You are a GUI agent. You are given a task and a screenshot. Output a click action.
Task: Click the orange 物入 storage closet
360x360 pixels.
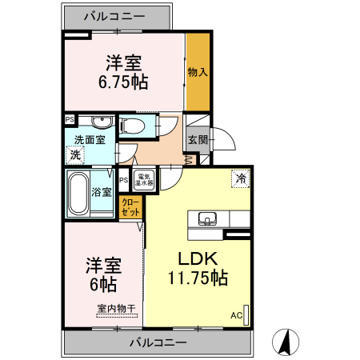(198, 73)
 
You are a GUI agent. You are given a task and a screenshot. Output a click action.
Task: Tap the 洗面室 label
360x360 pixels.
(89, 139)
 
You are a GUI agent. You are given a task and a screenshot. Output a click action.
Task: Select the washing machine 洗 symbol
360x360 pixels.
(75, 154)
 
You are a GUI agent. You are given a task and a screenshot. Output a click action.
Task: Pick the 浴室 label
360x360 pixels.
(102, 192)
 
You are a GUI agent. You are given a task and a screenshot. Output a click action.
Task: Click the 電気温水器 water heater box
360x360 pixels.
(145, 179)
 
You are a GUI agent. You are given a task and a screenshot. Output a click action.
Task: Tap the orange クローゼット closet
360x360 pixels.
(130, 207)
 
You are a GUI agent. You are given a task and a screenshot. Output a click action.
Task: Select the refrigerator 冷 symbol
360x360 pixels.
(239, 178)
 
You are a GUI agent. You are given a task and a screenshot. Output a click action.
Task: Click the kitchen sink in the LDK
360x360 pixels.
(206, 218)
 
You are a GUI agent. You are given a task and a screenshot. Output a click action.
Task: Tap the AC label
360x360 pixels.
(236, 314)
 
